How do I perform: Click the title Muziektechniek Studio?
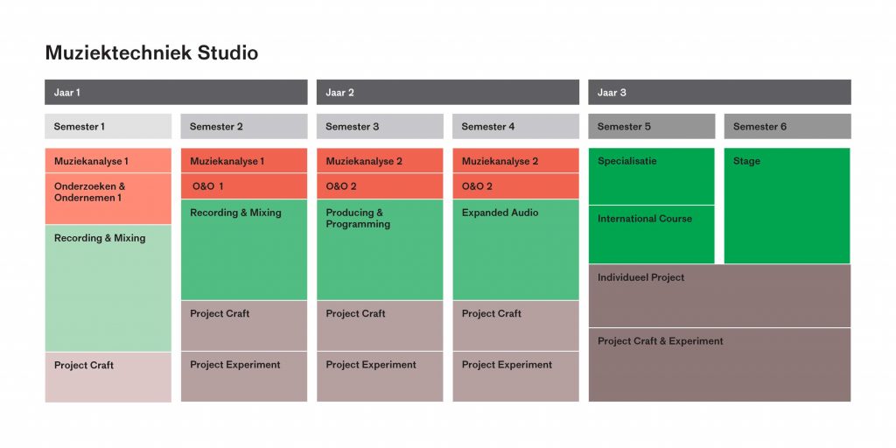[x=151, y=53]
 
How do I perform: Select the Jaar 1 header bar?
[x=176, y=92]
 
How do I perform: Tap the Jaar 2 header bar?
[x=448, y=92]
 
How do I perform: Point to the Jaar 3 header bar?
[x=719, y=92]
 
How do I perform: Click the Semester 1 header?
[x=108, y=126]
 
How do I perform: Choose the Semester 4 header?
[x=516, y=126]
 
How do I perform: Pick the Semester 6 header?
[x=787, y=126]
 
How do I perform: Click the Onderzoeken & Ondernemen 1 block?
[x=108, y=199]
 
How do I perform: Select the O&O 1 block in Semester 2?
[x=244, y=186]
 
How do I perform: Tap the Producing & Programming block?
[x=380, y=249]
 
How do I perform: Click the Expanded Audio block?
[x=516, y=249]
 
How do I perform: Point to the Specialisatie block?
[x=651, y=176]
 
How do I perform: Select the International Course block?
[x=651, y=234]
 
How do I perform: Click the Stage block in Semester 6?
[x=787, y=206]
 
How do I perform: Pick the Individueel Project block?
[x=719, y=296]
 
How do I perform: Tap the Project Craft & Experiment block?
[x=719, y=365]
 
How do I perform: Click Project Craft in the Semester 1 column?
[x=108, y=377]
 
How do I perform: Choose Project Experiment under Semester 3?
[x=380, y=376]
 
